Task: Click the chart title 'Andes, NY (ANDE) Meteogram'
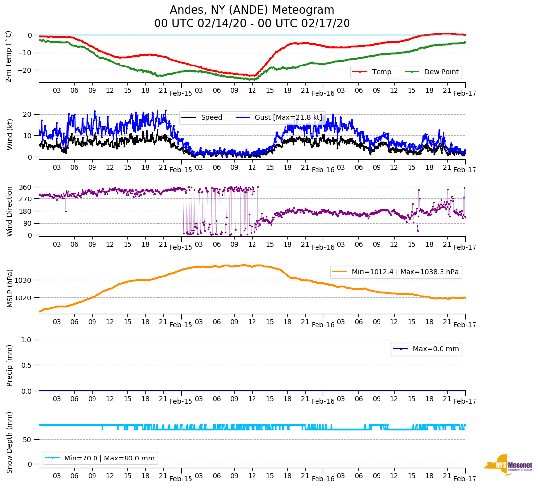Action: (252, 10)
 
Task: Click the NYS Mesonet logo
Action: (508, 465)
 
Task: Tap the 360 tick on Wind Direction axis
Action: (26, 187)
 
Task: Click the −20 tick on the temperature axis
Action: (24, 70)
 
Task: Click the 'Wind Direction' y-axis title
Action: (10, 211)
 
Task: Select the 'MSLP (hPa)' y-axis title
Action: (10, 289)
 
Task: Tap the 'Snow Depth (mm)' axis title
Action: (10, 442)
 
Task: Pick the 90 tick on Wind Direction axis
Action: (28, 223)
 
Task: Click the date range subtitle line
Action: (252, 24)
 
